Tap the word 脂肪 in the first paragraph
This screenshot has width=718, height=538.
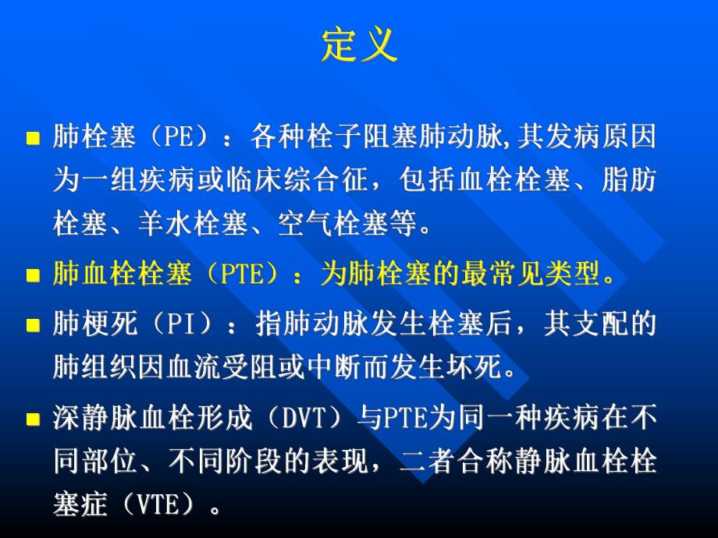630,182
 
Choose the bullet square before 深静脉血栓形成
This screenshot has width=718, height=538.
33,419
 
